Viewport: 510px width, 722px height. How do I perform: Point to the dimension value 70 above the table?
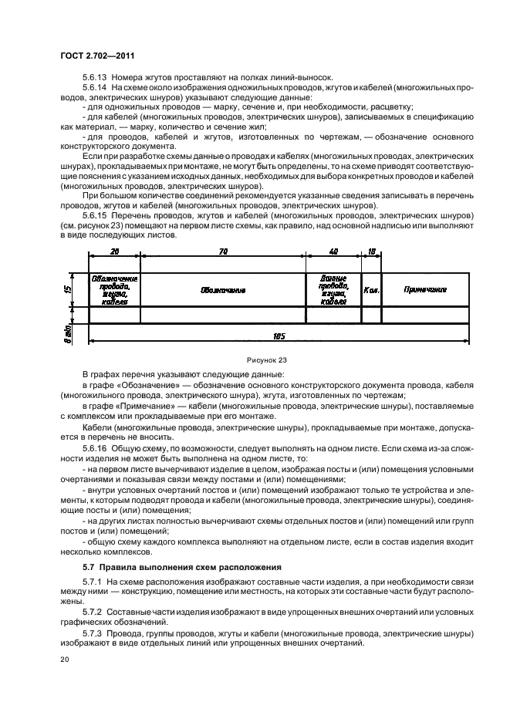pyautogui.click(x=223, y=251)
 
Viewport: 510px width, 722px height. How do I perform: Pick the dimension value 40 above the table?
pyautogui.click(x=333, y=251)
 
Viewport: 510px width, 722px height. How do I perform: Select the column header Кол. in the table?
pyautogui.click(x=371, y=289)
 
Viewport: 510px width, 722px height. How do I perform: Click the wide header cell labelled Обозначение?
pyautogui.click(x=223, y=290)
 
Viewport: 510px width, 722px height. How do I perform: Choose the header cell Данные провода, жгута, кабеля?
pyautogui.click(x=333, y=289)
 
